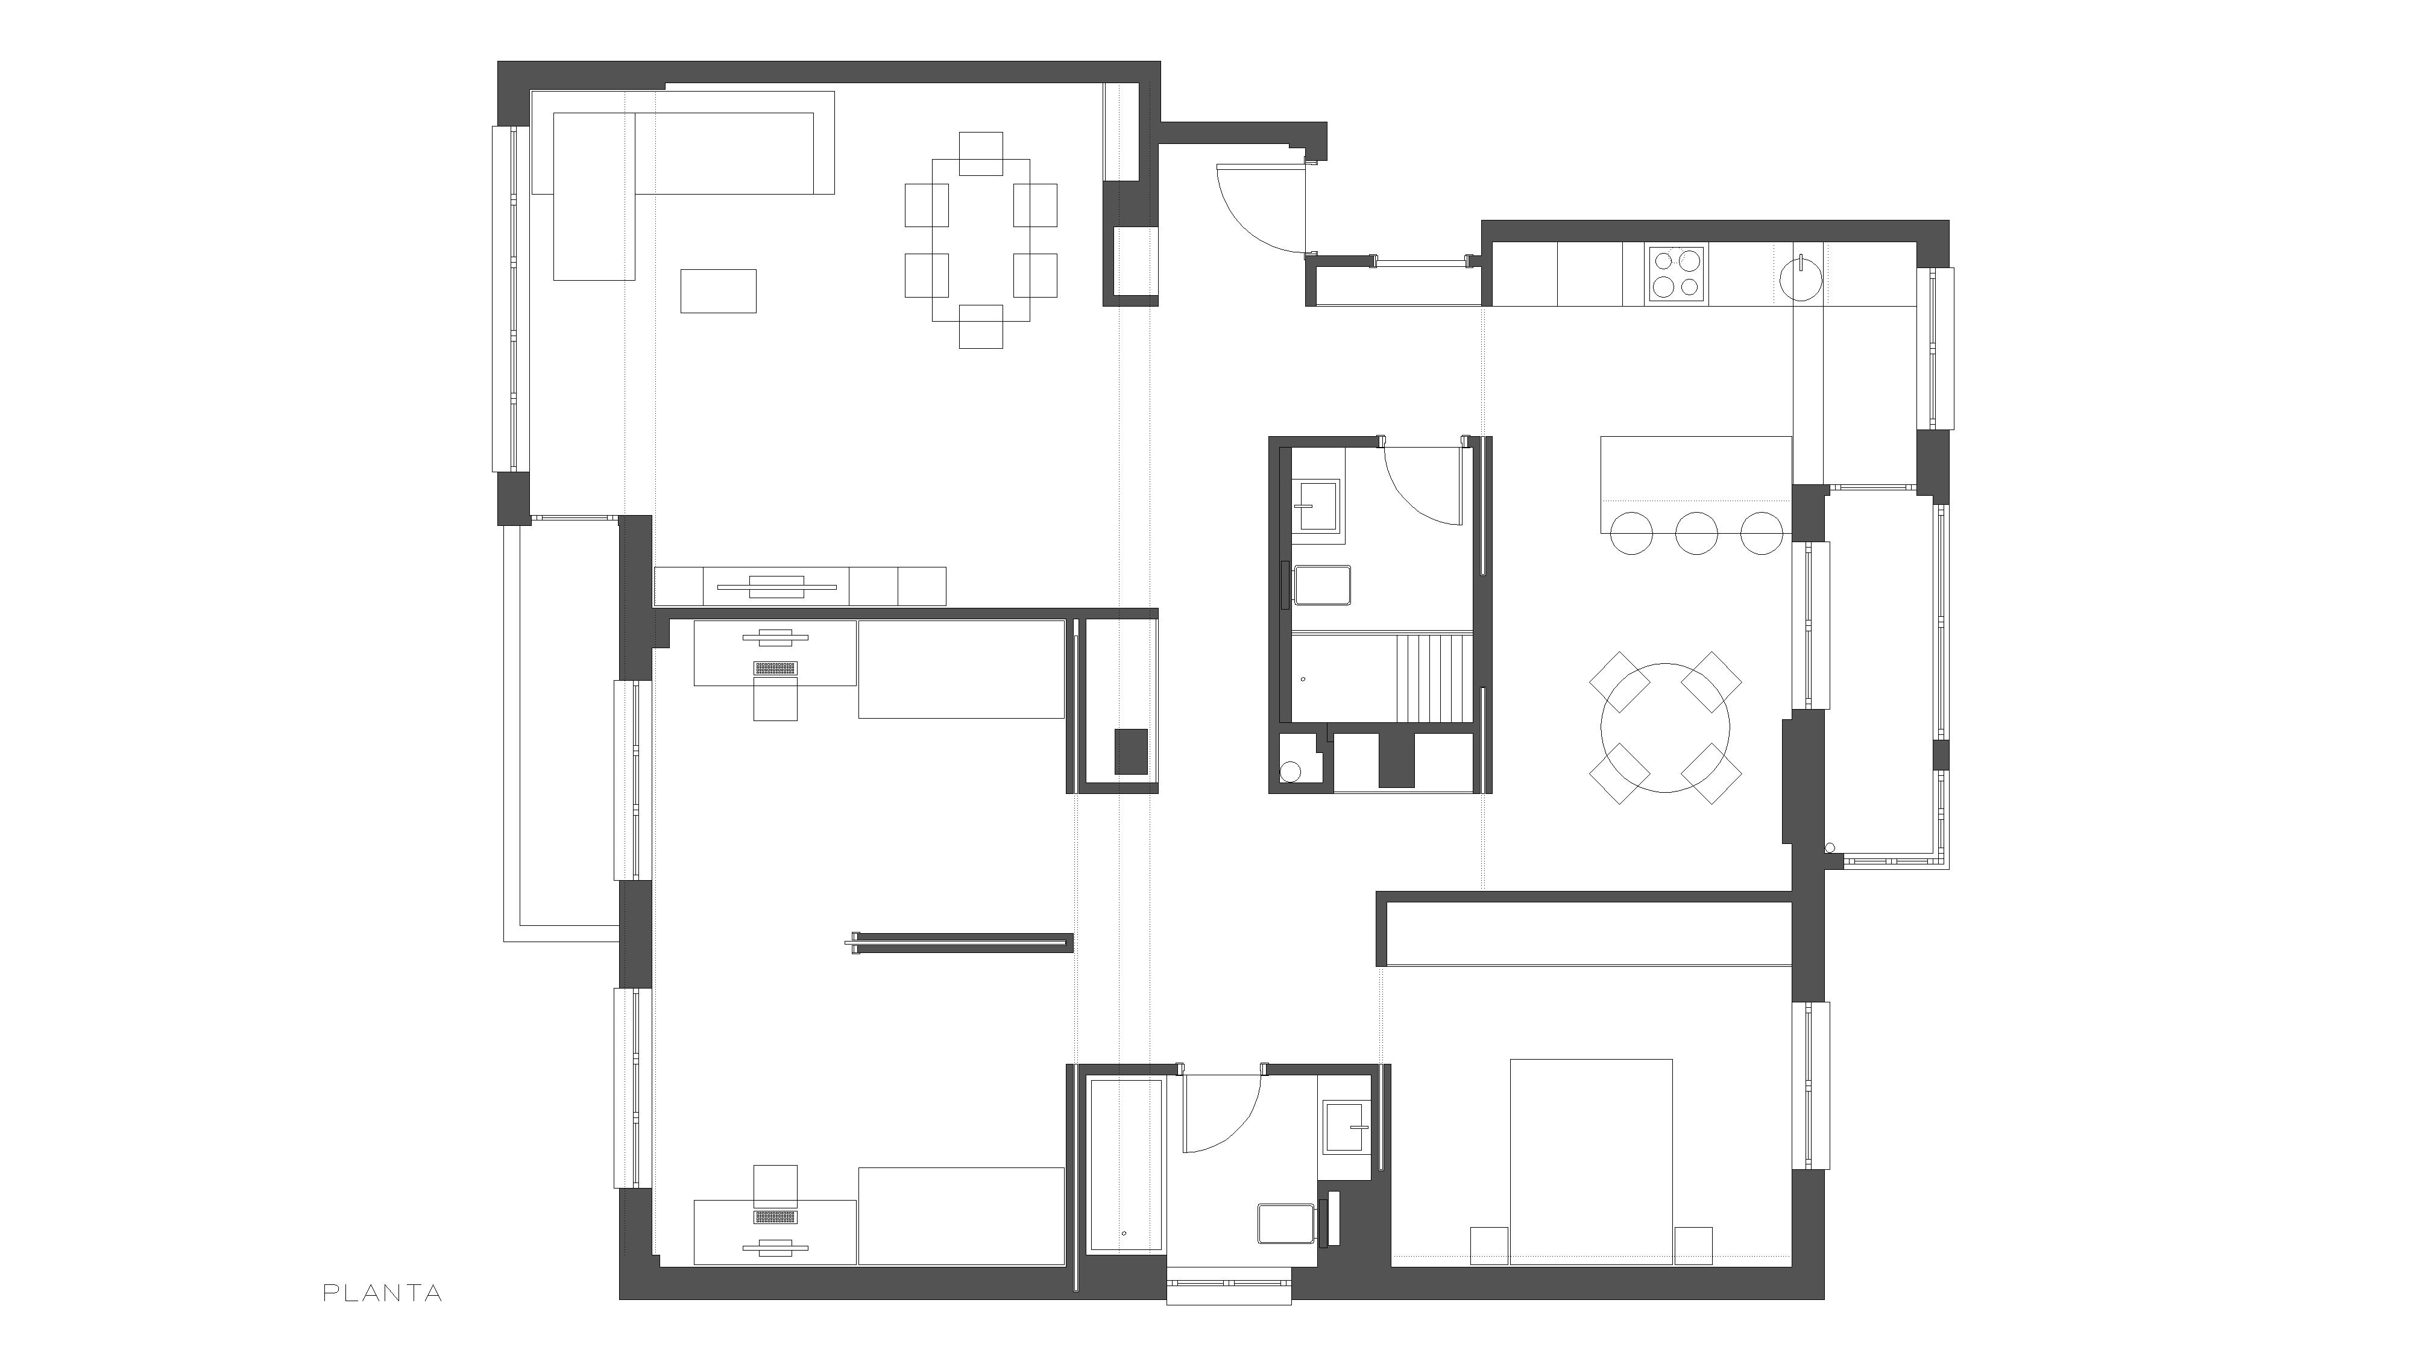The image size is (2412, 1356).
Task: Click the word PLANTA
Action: click(x=382, y=1293)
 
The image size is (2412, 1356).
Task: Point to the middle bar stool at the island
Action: click(x=1695, y=533)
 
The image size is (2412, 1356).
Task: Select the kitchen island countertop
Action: click(x=1696, y=484)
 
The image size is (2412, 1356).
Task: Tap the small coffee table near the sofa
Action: click(x=718, y=290)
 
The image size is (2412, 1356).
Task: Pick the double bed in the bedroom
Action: click(x=1592, y=1161)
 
